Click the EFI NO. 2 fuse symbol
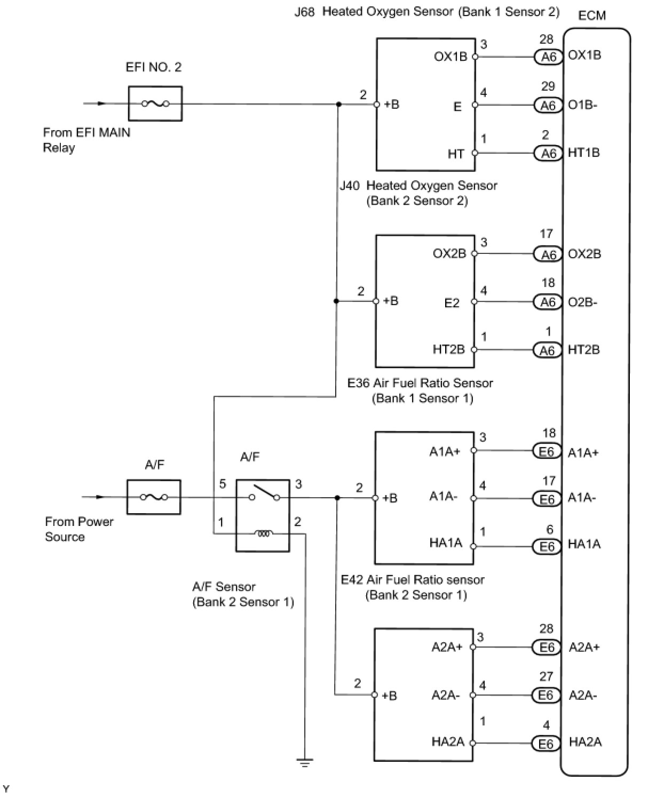point(155,103)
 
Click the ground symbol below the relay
point(305,763)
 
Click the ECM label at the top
point(592,15)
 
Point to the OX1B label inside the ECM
point(584,55)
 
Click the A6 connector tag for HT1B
point(548,154)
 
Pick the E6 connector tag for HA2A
point(546,744)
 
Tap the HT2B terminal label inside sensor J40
point(448,349)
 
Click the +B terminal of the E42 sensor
point(390,696)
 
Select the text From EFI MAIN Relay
point(86,140)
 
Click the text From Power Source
point(79,529)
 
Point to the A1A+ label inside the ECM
point(583,453)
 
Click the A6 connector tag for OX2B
point(548,254)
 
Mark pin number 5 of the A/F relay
point(223,484)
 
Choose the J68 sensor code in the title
point(305,12)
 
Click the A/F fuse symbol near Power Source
point(154,497)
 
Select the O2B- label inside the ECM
point(582,302)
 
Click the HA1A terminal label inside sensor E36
point(446,543)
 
